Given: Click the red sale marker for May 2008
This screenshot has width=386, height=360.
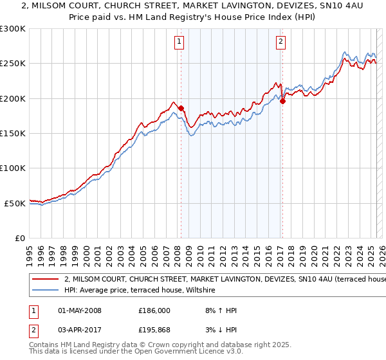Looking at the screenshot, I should tap(181, 108).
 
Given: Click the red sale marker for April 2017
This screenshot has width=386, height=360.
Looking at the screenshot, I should tap(282, 100).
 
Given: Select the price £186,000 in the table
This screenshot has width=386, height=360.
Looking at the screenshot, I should tap(154, 310).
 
